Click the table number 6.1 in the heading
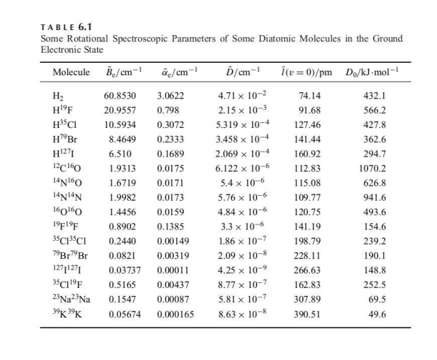pos(85,27)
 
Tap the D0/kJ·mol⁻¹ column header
pos(372,73)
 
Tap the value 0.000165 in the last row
pos(175,314)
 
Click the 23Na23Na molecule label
pos(71,300)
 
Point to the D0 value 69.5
pos(377,300)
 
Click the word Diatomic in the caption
pos(276,38)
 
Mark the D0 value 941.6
pos(375,198)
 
